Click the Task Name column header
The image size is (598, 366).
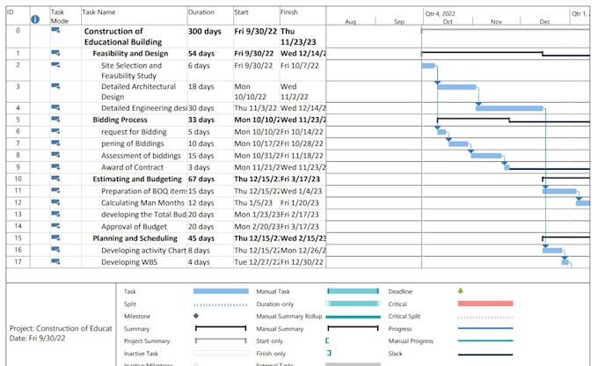click(x=98, y=13)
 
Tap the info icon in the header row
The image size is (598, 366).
click(x=35, y=18)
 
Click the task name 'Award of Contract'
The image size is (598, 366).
click(x=132, y=167)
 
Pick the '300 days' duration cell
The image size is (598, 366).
click(x=206, y=31)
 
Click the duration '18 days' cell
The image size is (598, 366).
click(x=202, y=87)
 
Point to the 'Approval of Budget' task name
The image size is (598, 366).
click(x=137, y=226)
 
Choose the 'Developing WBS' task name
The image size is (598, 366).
click(x=128, y=261)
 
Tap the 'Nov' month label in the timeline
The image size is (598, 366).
click(x=496, y=21)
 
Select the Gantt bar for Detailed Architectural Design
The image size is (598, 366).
click(x=456, y=87)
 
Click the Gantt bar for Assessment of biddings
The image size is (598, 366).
click(x=485, y=156)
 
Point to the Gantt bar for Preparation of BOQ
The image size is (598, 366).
click(x=559, y=191)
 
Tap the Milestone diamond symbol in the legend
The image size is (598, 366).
click(x=195, y=315)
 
